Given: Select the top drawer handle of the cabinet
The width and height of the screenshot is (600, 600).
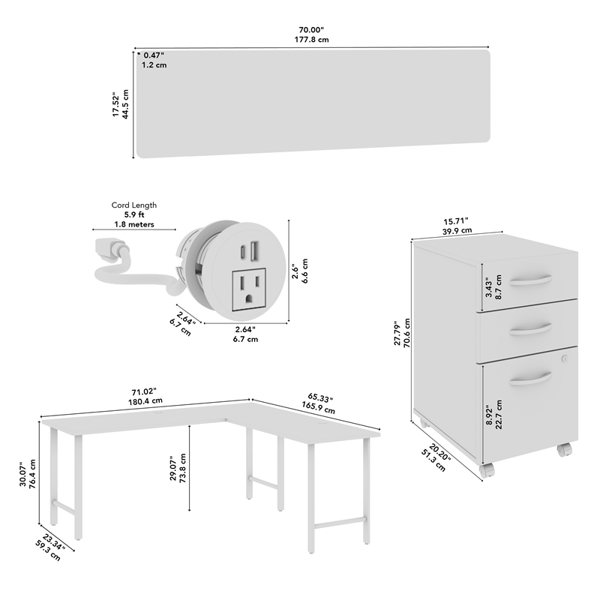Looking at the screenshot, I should [530, 279].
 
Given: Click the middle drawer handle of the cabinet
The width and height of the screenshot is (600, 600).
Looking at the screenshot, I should [530, 328].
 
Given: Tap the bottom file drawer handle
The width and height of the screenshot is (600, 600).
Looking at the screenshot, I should [530, 378].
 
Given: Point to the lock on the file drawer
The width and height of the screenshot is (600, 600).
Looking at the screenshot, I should [565, 359].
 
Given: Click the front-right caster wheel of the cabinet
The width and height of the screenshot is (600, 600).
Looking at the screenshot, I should [564, 450].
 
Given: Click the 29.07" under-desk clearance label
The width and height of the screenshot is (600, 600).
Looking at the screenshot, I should [178, 468].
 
